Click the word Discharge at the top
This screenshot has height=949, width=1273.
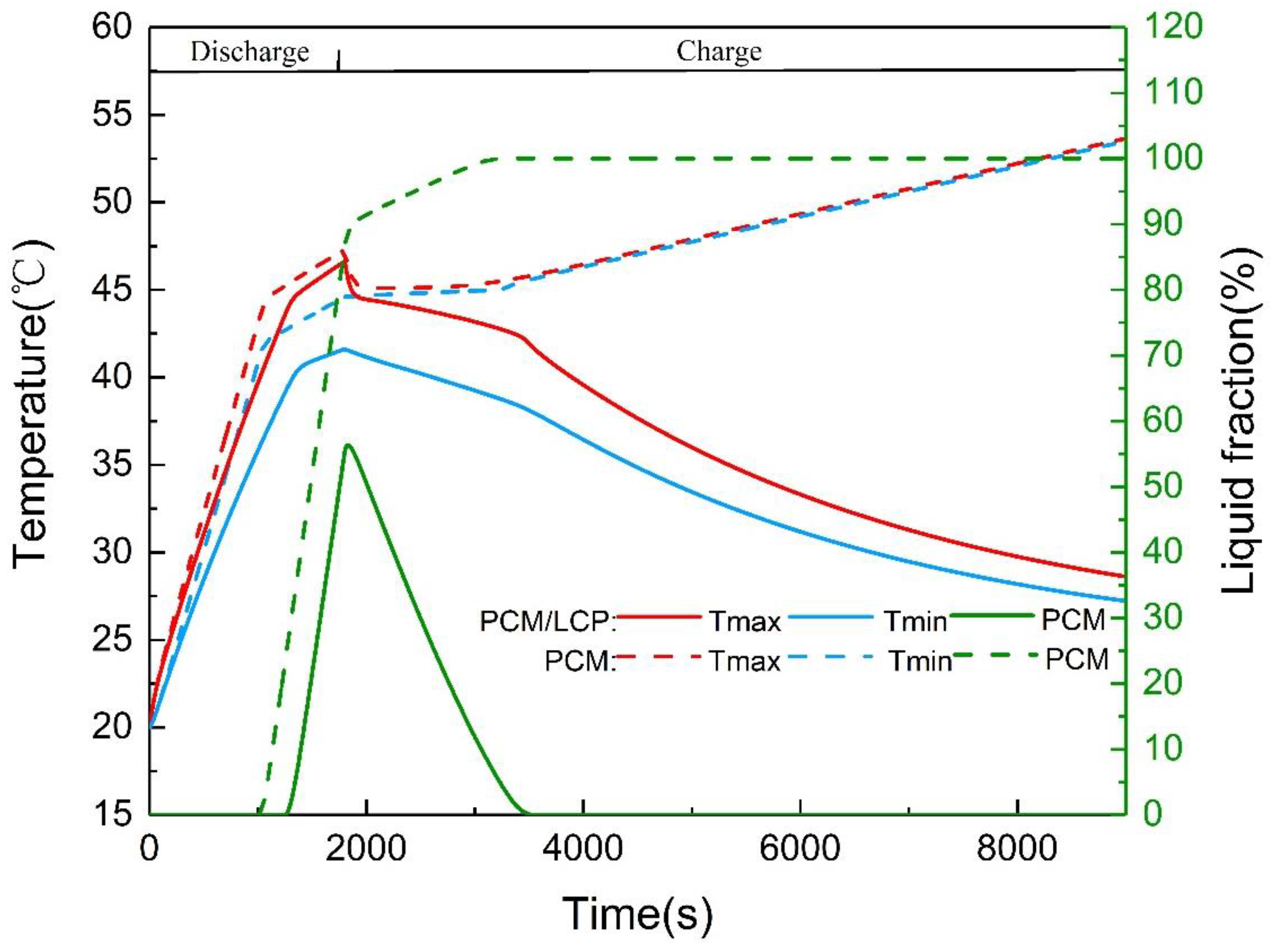point(249,52)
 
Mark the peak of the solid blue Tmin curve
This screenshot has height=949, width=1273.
point(343,349)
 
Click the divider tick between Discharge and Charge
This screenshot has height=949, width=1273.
point(338,60)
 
